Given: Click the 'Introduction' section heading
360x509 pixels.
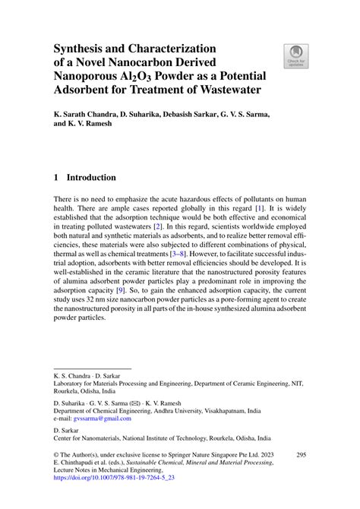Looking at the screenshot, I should point(91,178).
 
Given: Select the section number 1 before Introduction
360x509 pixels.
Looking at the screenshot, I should point(56,178).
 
